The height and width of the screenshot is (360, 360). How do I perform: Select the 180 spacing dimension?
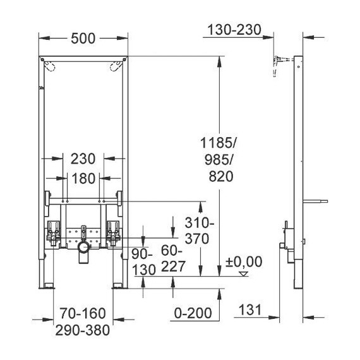[x=83, y=179]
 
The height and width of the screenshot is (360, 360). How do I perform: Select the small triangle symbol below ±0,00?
[x=243, y=273]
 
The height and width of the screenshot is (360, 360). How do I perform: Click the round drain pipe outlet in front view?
[x=82, y=255]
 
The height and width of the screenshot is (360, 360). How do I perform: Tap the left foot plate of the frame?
[x=47, y=288]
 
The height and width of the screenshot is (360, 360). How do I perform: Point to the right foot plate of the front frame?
[x=118, y=288]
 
